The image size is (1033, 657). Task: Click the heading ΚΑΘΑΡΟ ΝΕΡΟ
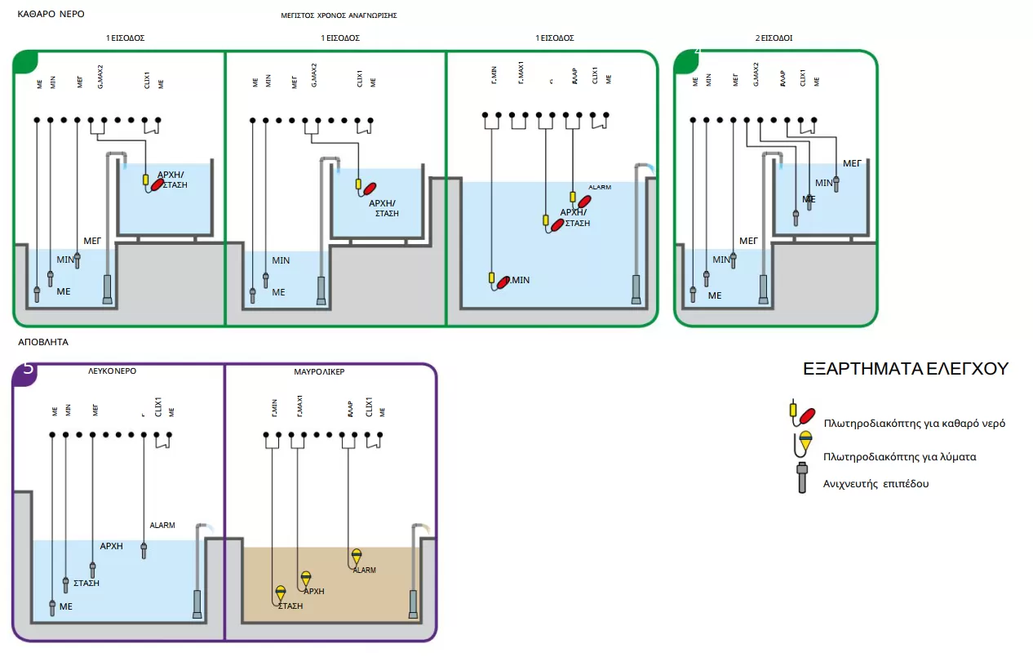click(x=51, y=14)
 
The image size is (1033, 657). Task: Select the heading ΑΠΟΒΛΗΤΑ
click(x=43, y=342)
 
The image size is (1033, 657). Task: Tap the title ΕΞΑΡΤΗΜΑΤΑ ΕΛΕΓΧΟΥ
click(x=906, y=369)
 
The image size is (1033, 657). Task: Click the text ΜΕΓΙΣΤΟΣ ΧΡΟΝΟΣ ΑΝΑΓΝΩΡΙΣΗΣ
click(x=339, y=16)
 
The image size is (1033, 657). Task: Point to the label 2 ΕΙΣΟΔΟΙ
click(x=774, y=38)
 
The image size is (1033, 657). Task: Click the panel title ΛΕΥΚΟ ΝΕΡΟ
click(x=112, y=371)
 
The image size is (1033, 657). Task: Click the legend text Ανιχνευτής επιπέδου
click(x=876, y=484)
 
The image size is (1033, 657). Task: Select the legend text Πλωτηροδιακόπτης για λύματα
click(x=900, y=457)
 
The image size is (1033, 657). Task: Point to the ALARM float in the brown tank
click(x=356, y=557)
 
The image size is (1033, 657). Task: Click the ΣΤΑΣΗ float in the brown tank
click(x=280, y=593)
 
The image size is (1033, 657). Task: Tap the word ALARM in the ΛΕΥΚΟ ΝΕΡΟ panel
click(x=162, y=526)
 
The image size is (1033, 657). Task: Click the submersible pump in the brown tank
click(x=413, y=603)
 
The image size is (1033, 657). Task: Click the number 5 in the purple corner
click(x=29, y=369)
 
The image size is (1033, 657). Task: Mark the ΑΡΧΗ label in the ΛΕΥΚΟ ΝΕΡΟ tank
click(x=111, y=546)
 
